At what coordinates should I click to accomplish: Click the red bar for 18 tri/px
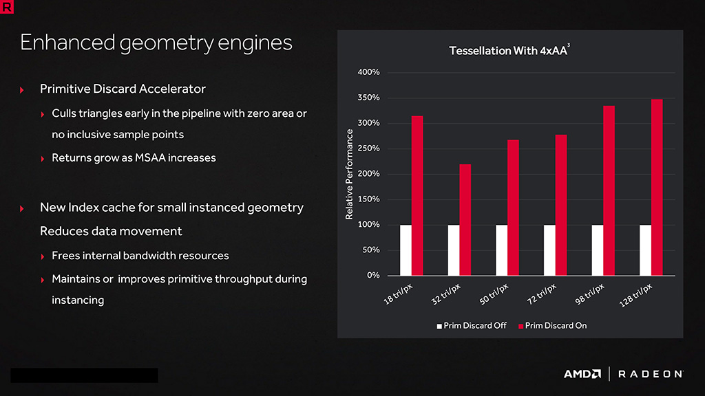[417, 196]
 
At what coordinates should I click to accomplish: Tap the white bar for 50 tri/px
[501, 250]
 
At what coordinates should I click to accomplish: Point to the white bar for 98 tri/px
[597, 250]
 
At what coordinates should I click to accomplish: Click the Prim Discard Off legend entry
[472, 325]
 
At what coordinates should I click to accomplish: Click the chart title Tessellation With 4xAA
[509, 51]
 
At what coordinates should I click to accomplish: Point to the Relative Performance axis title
[349, 174]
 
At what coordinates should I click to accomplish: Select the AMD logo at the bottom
[582, 374]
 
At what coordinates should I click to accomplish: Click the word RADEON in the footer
[651, 374]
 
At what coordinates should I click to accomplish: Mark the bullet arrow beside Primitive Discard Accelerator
[22, 90]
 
